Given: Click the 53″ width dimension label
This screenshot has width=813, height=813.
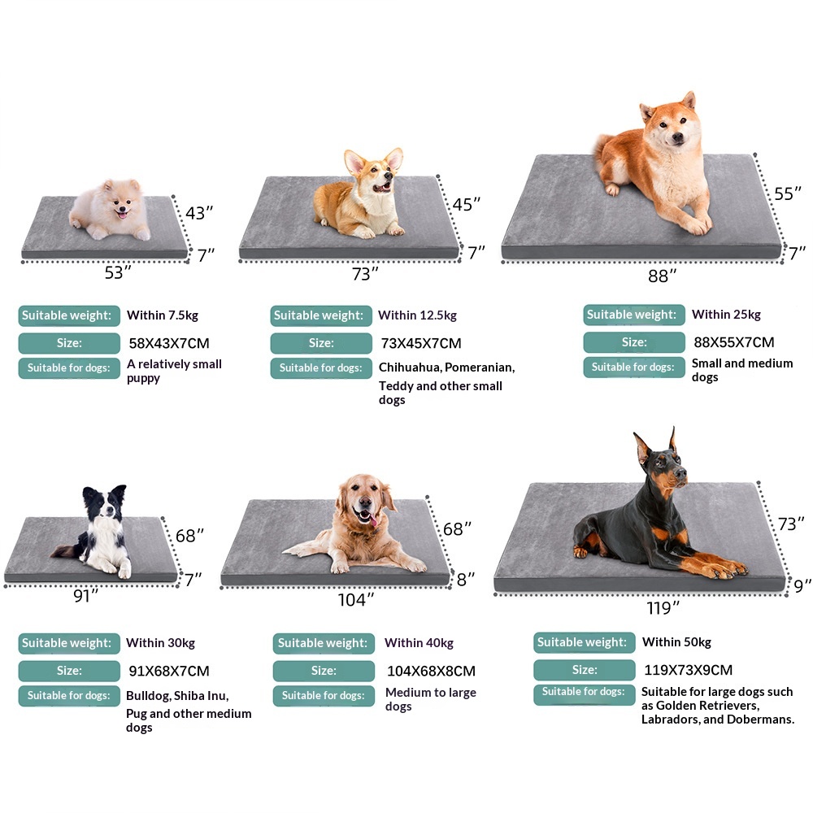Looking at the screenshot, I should click(118, 272).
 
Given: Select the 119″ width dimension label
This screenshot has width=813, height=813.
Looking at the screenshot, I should click(663, 607).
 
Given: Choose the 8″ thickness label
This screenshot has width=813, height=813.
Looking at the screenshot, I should click(465, 580).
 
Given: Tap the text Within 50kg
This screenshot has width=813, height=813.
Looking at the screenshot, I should click(676, 642).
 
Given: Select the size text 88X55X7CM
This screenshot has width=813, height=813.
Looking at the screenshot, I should click(733, 342).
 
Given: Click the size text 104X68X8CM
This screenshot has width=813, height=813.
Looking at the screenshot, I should click(431, 671).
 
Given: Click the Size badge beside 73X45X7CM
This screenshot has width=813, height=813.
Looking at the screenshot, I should click(320, 343).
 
